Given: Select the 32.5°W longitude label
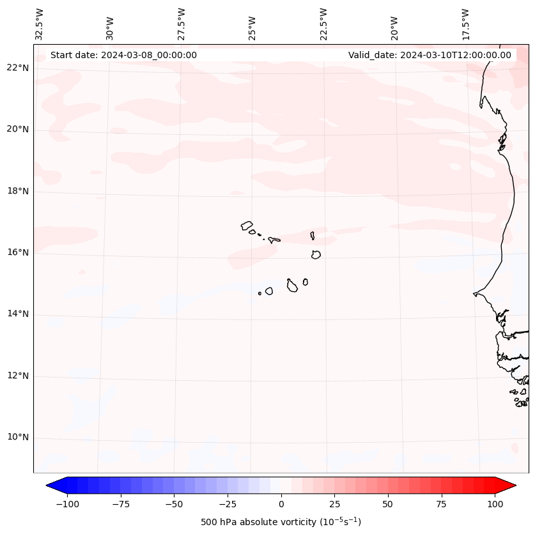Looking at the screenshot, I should pos(40,24).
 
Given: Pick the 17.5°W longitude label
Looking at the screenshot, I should pos(465,24).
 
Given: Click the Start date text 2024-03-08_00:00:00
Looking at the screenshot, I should pos(123,55).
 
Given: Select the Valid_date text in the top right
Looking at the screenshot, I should pos(430,55).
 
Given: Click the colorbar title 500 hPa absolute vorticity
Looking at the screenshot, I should pos(281,522).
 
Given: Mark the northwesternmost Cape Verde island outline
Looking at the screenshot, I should pos(247,226).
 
